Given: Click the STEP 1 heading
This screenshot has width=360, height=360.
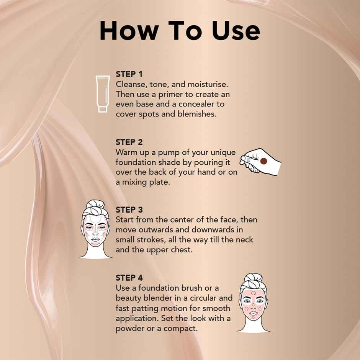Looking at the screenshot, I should coord(129,74).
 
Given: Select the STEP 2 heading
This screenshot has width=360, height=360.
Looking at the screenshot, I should coord(129,142).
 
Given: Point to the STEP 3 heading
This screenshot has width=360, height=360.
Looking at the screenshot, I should coord(129,210).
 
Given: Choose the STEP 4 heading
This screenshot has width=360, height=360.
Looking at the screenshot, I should coord(129,278).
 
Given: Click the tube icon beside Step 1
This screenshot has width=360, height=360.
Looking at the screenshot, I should coord(102,94).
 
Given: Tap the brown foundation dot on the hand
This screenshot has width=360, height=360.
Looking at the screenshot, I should coord(263,162).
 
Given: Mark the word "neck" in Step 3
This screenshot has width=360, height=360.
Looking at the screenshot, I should coord(243,240).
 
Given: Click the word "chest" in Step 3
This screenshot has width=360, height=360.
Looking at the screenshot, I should coord(181,250).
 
